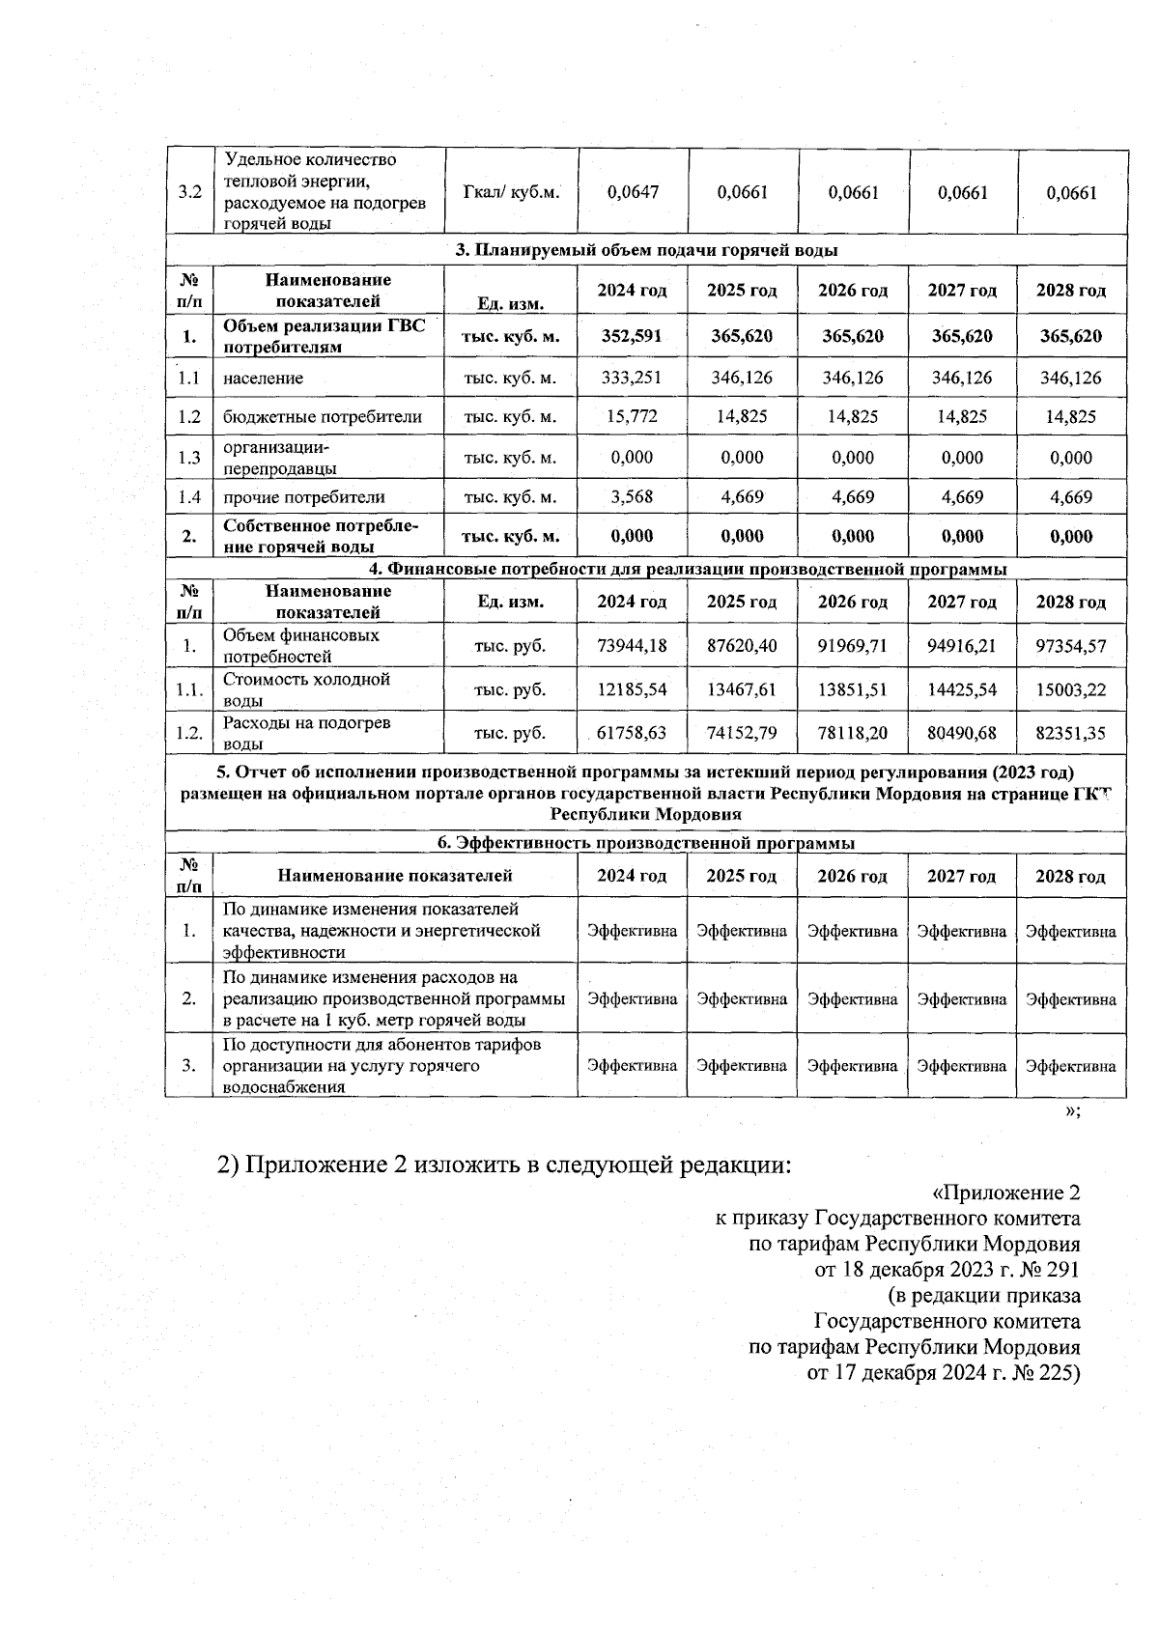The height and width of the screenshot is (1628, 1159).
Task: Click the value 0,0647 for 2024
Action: pos(633,192)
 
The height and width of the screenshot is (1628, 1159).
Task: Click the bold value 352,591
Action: pos(633,336)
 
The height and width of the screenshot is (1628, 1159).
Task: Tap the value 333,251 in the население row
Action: pos(633,378)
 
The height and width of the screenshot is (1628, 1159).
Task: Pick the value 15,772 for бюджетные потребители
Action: pos(633,417)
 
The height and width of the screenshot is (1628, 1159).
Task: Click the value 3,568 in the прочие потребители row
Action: pos(633,497)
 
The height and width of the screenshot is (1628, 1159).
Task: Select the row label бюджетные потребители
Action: pos(323,417)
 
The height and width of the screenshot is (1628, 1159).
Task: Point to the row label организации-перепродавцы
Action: pos(280,459)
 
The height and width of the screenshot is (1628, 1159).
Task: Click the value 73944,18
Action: pos(633,646)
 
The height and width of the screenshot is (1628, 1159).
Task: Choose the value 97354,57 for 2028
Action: pos(1070,646)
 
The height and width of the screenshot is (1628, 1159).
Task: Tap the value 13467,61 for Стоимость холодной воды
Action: pos(742,690)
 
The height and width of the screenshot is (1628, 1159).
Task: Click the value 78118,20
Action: pos(852,734)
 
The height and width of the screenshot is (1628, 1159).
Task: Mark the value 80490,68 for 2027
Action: pos(961,734)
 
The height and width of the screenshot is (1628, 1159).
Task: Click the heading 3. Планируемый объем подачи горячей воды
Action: pos(646,250)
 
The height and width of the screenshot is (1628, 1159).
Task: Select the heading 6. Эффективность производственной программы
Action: pos(646,843)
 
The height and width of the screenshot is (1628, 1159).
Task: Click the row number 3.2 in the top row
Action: pos(189,192)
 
